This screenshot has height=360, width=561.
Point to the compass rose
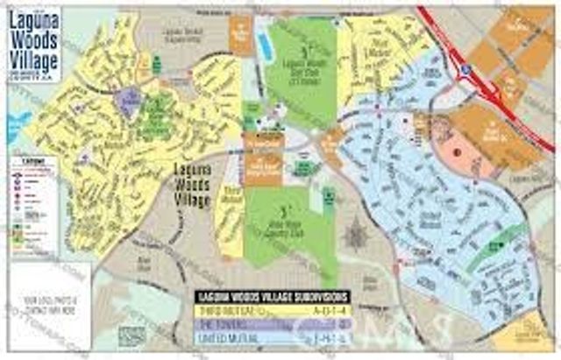(x=356, y=236)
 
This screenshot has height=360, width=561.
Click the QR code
(x=131, y=335)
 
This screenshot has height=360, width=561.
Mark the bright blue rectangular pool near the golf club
(x=263, y=38)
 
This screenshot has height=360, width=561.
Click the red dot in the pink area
(x=457, y=149)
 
